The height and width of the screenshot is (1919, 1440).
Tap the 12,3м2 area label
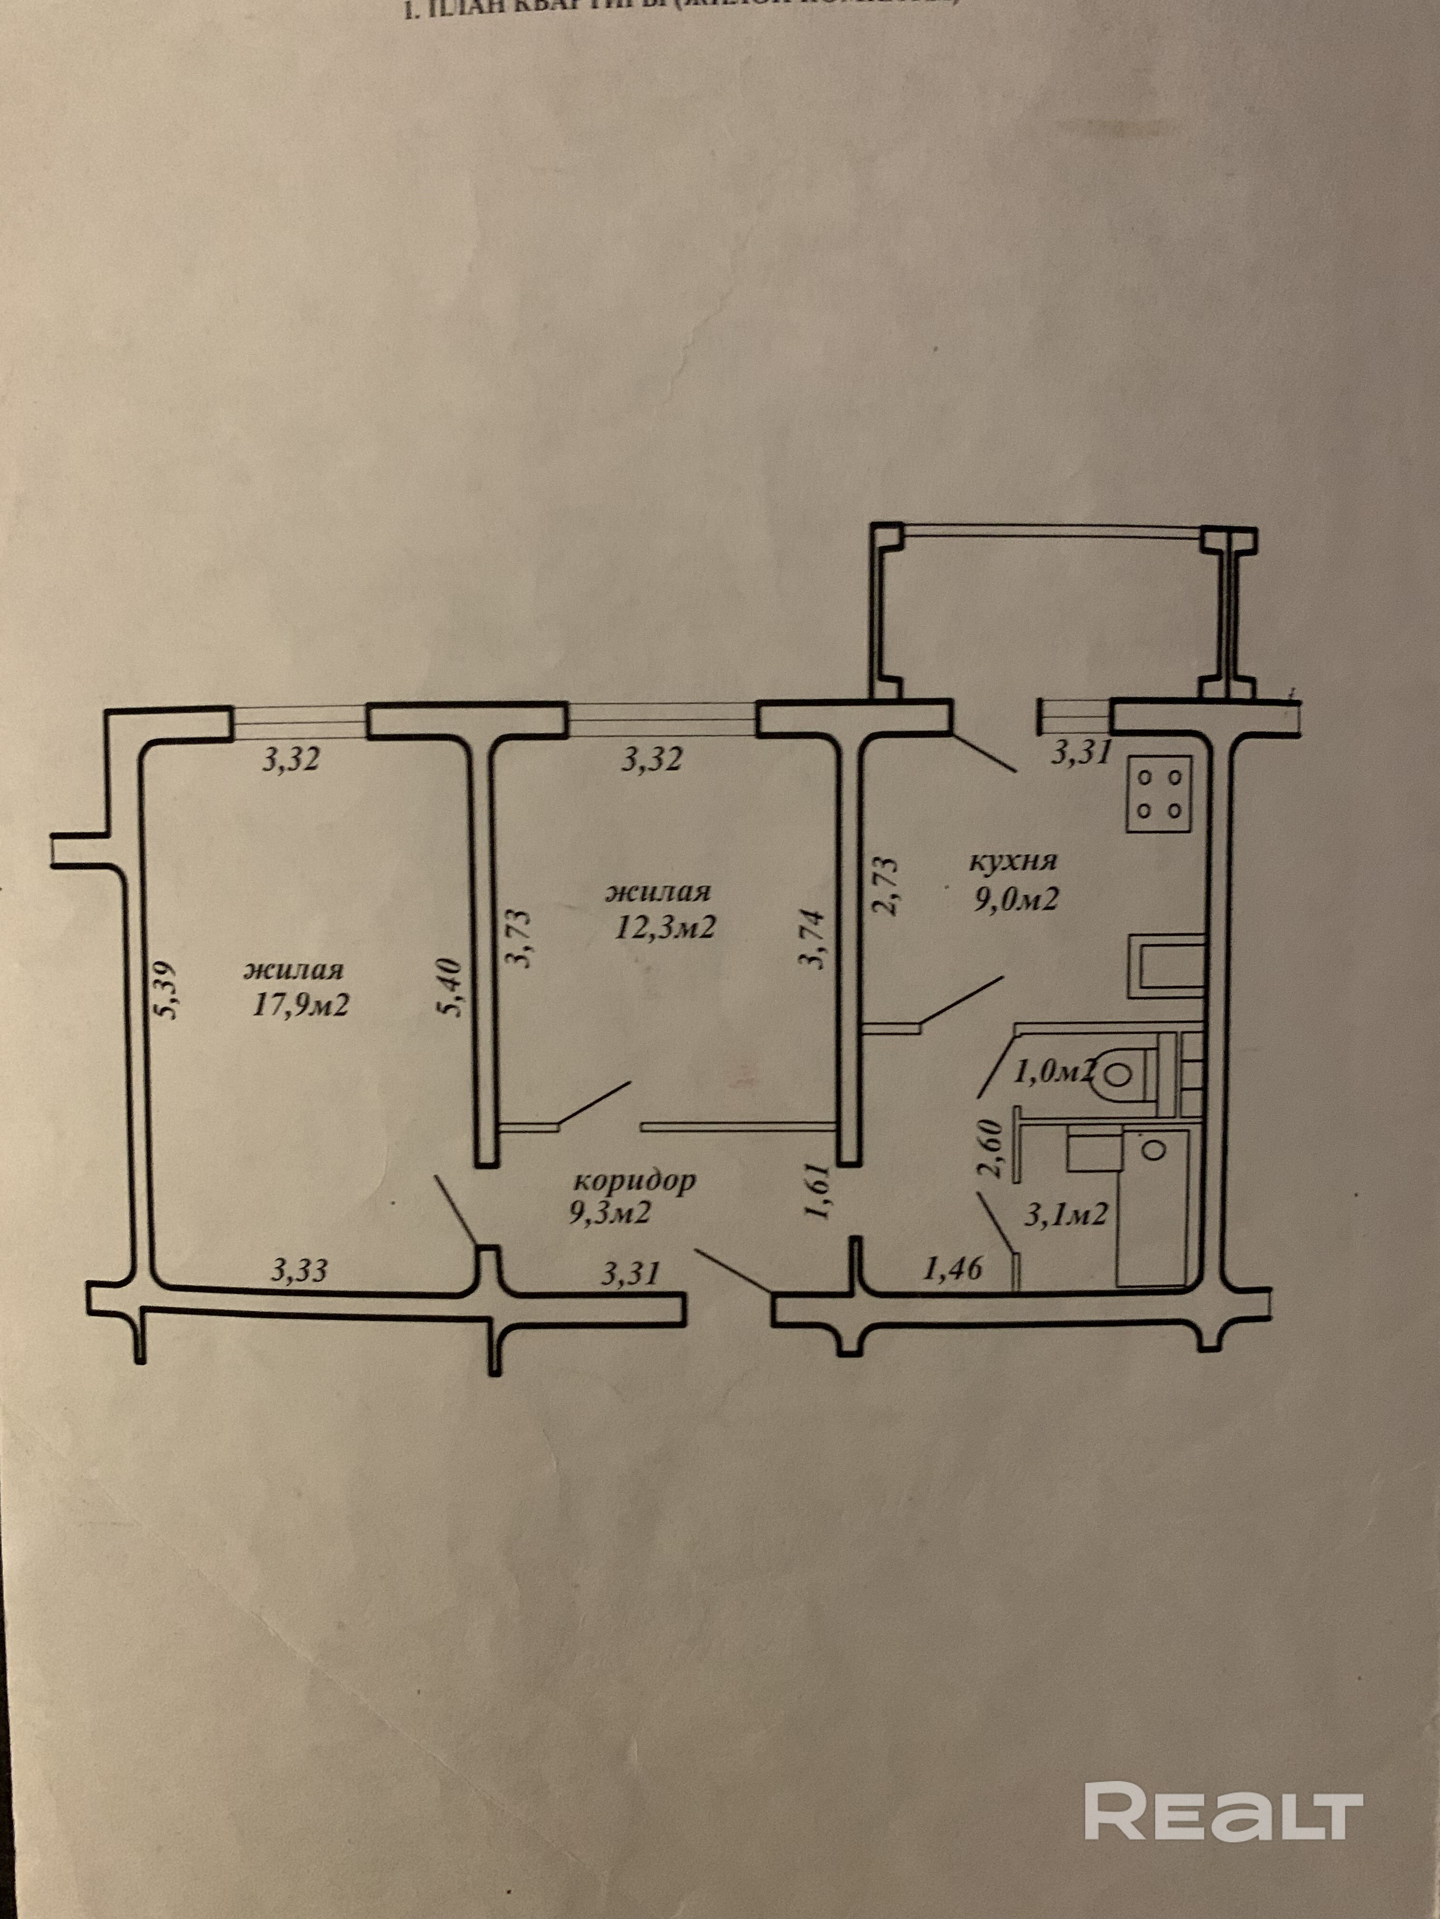pos(664,928)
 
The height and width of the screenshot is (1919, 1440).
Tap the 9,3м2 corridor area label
pos(610,1213)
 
